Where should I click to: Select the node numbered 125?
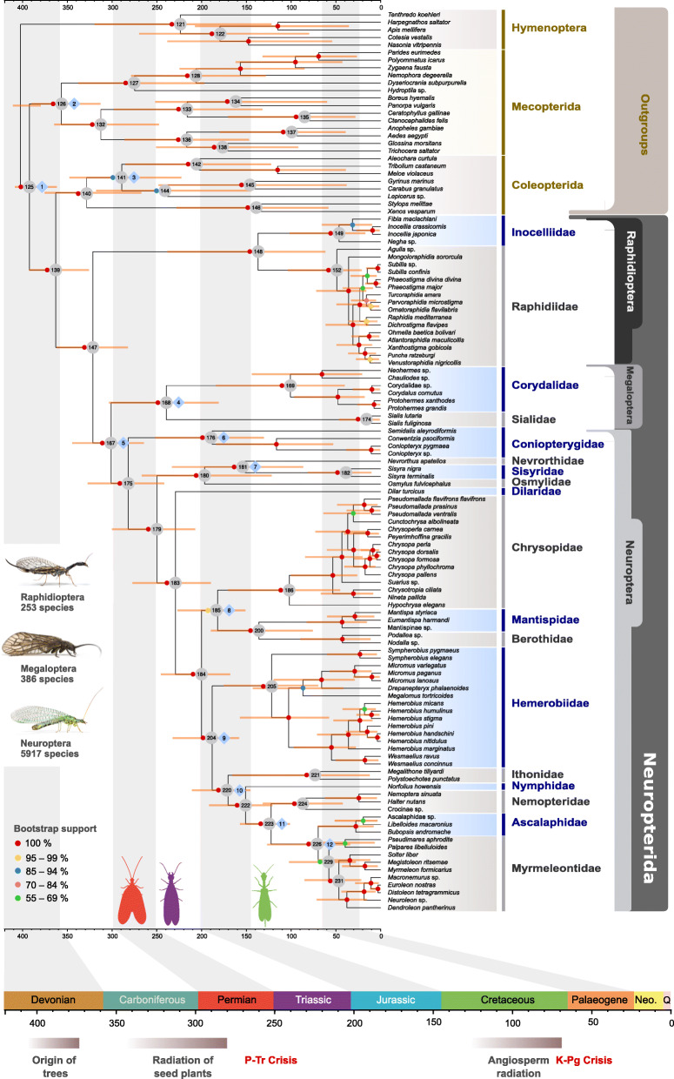pos(29,186)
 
